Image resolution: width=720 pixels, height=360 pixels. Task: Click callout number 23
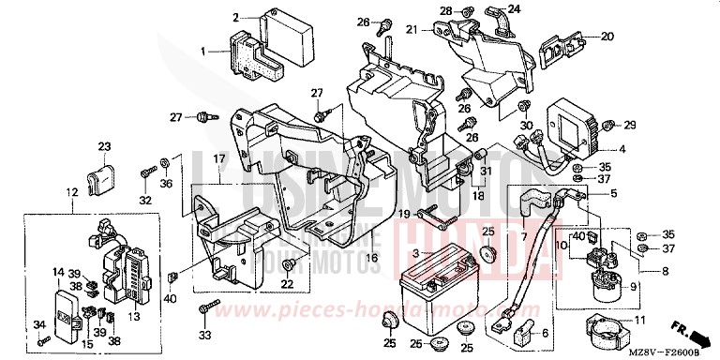(x=104, y=146)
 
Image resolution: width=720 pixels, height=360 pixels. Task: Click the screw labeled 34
(x=40, y=338)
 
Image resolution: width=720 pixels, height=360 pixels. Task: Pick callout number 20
(x=607, y=37)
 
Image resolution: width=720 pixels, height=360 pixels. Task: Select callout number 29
(x=630, y=125)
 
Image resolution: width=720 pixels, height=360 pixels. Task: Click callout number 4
(x=623, y=149)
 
